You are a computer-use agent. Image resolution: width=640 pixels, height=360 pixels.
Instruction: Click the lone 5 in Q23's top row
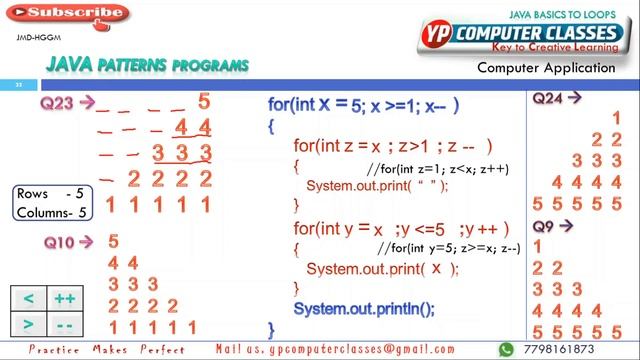pyautogui.click(x=204, y=101)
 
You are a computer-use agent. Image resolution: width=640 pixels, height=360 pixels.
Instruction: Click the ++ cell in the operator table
pyautogui.click(x=66, y=299)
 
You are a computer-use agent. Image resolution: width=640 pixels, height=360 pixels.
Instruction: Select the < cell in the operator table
pyautogui.click(x=28, y=299)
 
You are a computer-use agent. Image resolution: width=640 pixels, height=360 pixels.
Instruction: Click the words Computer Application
pyautogui.click(x=545, y=68)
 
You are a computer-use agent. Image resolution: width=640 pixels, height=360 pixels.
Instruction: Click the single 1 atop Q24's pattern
pyautogui.click(x=616, y=118)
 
